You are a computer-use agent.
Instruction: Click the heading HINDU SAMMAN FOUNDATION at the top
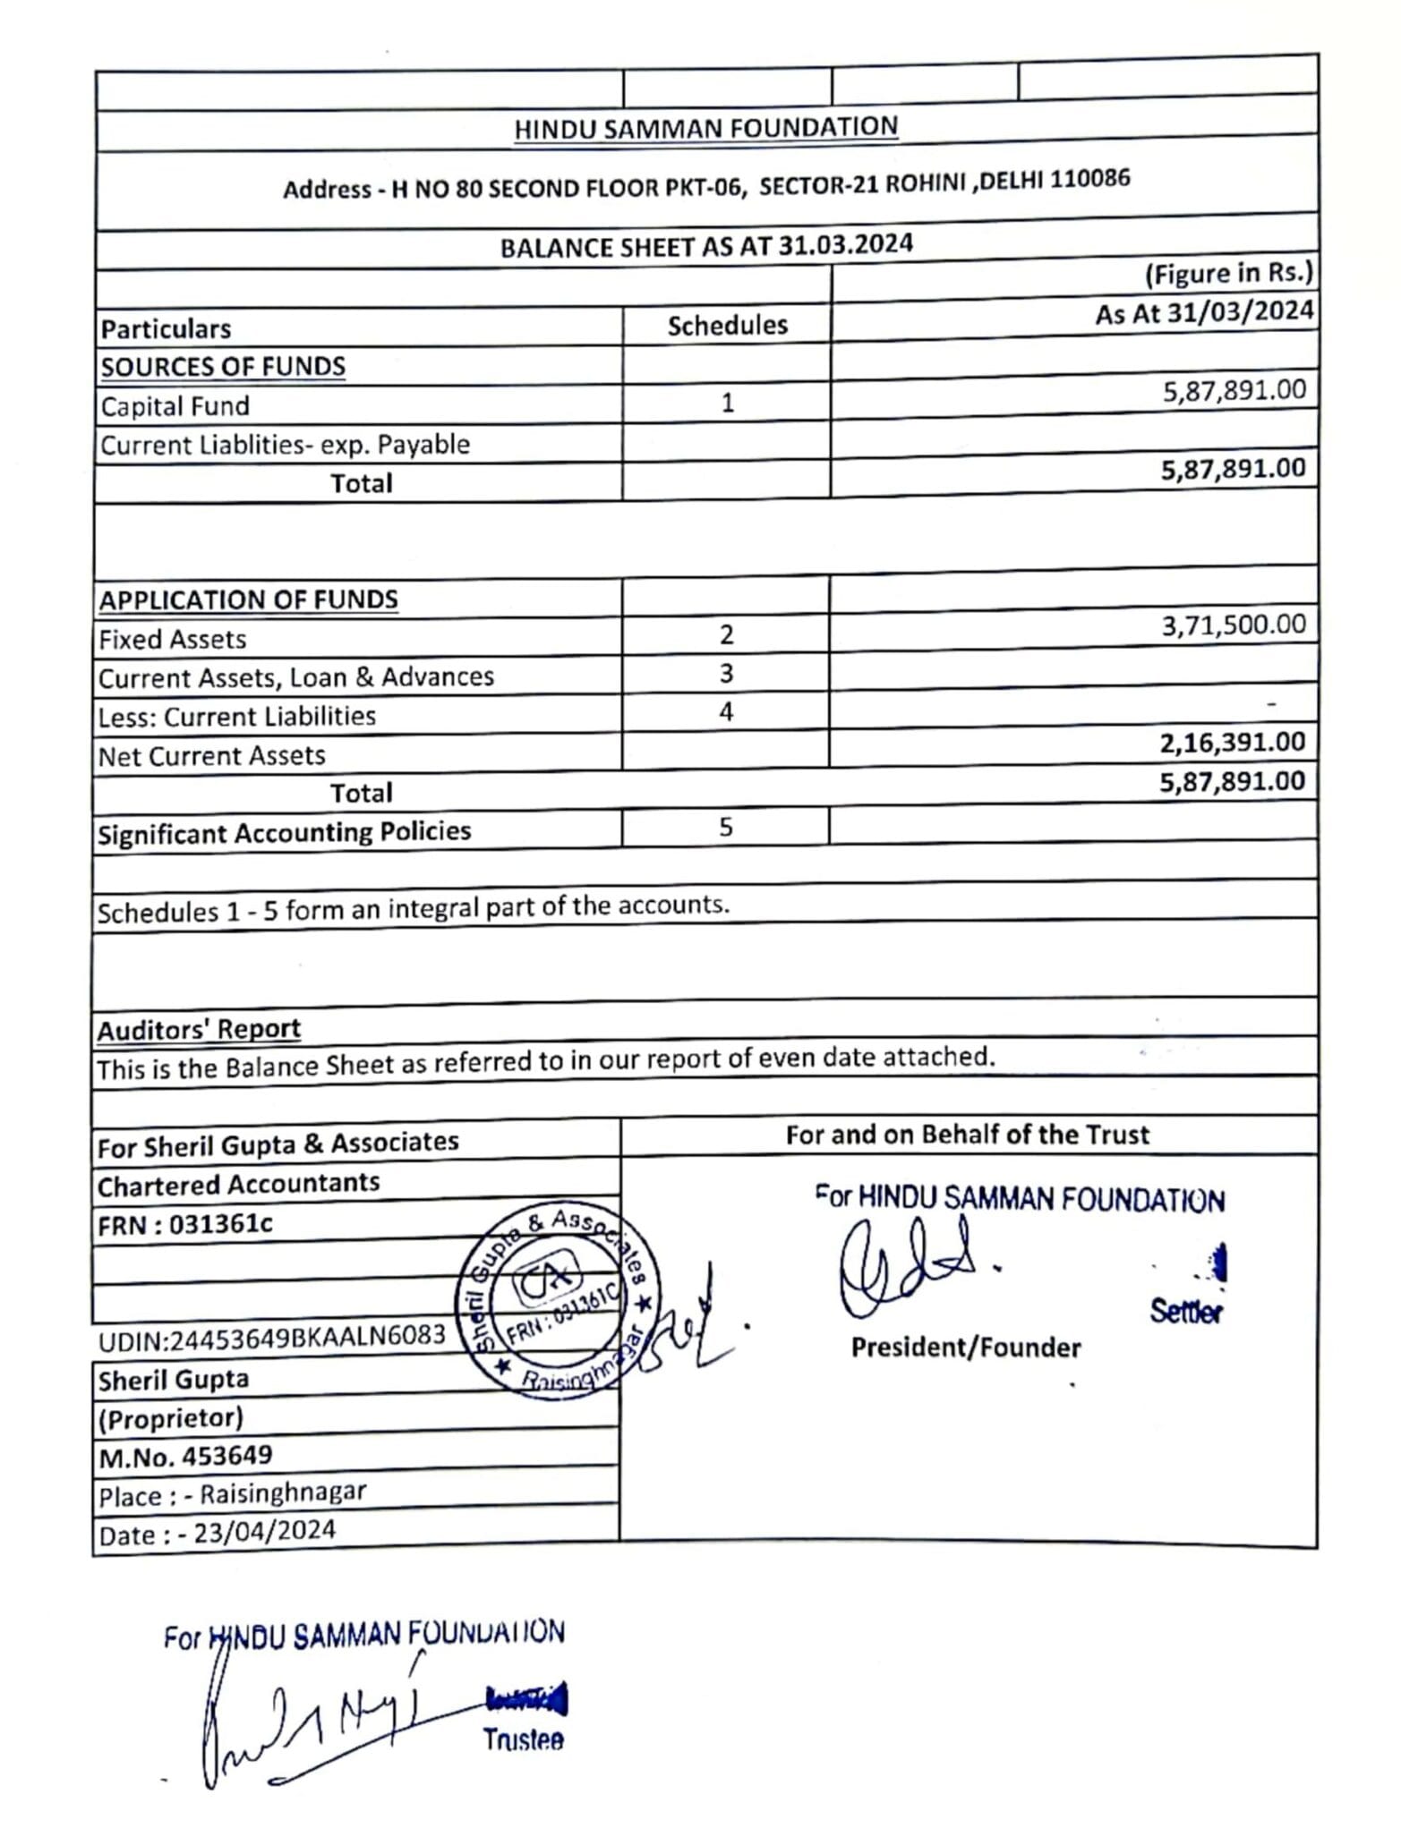tap(705, 128)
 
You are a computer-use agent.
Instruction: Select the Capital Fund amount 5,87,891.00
tap(1234, 391)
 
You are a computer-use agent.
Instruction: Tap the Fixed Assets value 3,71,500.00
tap(1233, 625)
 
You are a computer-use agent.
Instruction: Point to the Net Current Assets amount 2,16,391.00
tap(1232, 743)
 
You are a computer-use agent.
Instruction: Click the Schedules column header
tap(727, 326)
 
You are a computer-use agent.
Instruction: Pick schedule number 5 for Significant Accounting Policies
tap(726, 828)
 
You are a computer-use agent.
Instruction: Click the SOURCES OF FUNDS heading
tap(223, 367)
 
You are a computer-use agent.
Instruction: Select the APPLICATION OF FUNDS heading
tap(248, 599)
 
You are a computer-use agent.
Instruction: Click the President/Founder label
tap(965, 1348)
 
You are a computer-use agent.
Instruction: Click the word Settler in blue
tap(1185, 1313)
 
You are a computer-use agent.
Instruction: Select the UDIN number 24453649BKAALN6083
tap(272, 1338)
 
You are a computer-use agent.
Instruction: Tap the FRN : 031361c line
tap(184, 1224)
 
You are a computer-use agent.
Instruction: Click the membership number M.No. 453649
tap(185, 1457)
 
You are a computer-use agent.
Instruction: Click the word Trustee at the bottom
tap(523, 1740)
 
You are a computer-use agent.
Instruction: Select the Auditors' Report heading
tap(199, 1030)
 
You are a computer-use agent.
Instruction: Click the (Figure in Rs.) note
tap(1228, 274)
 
